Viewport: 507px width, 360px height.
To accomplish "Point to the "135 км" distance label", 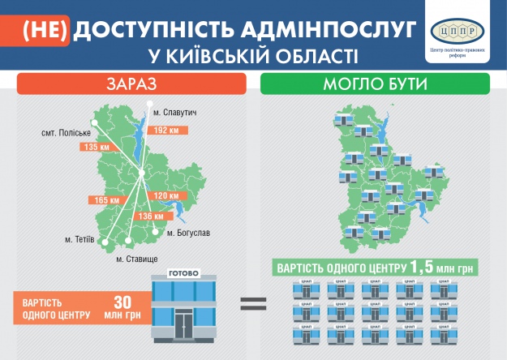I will pyautogui.click(x=95, y=147).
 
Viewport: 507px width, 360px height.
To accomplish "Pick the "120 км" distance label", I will pyautogui.click(x=165, y=197).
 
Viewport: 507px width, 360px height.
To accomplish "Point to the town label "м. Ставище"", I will pyautogui.click(x=136, y=259).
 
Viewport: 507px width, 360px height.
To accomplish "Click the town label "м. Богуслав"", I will pyautogui.click(x=188, y=234).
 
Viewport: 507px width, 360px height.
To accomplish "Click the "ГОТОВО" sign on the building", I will pyautogui.click(x=183, y=274).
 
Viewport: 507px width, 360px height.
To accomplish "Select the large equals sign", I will pyautogui.click(x=252, y=305).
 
